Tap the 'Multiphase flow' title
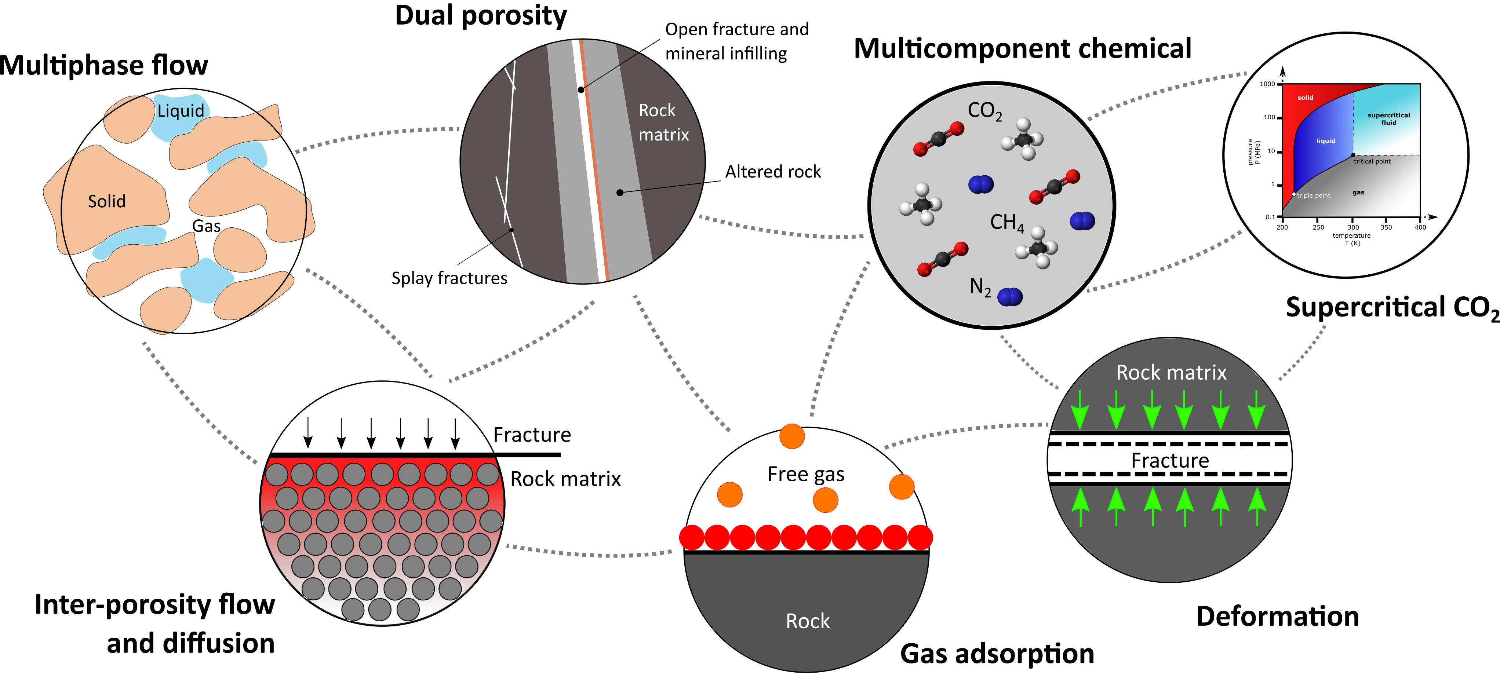(x=103, y=65)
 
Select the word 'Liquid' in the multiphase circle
(x=181, y=111)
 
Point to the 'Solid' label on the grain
(x=106, y=201)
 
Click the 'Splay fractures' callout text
(x=449, y=278)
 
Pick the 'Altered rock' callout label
(x=773, y=172)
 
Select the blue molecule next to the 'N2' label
(x=1010, y=297)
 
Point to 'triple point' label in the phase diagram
(x=1313, y=195)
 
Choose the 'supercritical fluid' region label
(x=1389, y=119)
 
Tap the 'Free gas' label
(x=806, y=475)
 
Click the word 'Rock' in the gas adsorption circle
(x=808, y=621)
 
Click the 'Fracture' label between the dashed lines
(x=1170, y=461)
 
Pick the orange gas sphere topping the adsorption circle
(x=792, y=436)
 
